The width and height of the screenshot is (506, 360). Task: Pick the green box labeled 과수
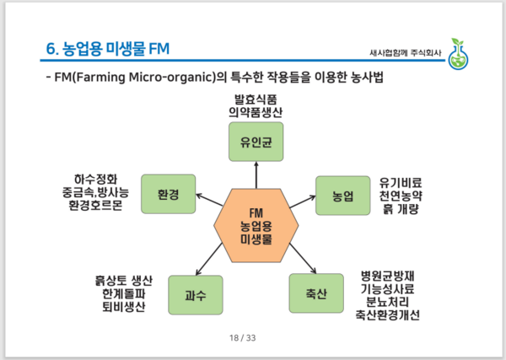195,295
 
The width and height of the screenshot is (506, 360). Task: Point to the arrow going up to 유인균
256,175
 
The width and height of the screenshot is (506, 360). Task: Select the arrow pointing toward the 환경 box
210,202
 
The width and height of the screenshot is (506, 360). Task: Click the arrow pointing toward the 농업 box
302,202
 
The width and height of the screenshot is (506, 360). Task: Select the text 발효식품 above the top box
255,99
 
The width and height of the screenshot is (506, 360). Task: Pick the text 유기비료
406,181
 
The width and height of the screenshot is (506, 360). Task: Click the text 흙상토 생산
120,279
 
